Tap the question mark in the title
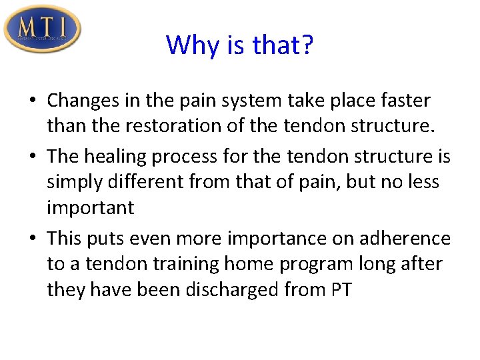click(x=307, y=45)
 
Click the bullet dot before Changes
click(x=33, y=101)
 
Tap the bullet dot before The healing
click(x=33, y=157)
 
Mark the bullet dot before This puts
click(x=33, y=239)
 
